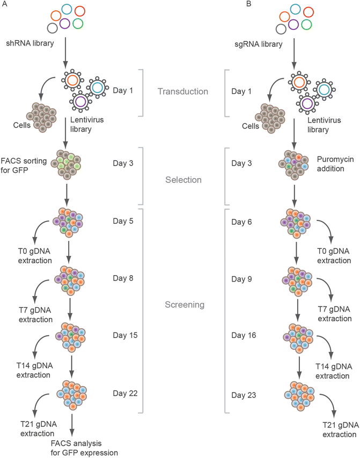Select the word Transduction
[x=183, y=92]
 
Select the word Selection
[x=183, y=180]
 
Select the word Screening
[x=183, y=305]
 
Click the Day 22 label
[x=126, y=394]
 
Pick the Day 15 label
[x=126, y=336]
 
